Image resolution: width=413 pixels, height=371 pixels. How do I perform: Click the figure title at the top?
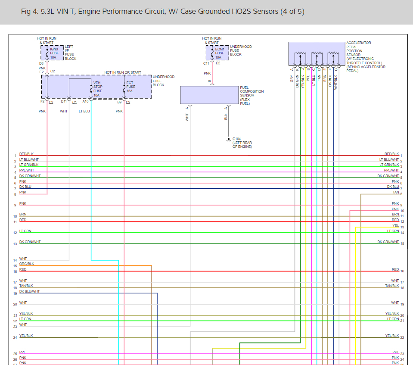(162, 11)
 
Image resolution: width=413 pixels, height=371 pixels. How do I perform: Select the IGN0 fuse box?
(53, 53)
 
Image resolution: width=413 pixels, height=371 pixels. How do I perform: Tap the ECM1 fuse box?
(218, 53)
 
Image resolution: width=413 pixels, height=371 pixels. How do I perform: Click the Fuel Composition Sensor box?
(209, 95)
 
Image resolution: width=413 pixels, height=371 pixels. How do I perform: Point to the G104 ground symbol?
(228, 140)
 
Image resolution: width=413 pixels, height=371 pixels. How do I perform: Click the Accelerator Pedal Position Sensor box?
(316, 53)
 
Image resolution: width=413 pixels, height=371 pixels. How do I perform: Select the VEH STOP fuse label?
(98, 87)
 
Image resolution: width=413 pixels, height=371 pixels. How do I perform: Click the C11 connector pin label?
(206, 64)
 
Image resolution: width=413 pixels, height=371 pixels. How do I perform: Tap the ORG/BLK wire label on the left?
(27, 264)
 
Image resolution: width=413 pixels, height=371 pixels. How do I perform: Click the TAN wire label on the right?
(395, 192)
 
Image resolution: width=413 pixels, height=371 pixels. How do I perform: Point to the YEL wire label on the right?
(395, 225)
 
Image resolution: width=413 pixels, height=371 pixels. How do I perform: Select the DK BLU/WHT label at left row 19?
(29, 291)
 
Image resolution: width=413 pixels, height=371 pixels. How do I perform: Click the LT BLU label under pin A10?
(84, 111)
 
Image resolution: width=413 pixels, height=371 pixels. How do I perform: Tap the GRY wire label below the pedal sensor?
(292, 78)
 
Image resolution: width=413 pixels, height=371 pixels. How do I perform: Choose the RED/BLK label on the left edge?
(26, 154)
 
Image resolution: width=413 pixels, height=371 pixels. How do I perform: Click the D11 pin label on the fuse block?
(64, 102)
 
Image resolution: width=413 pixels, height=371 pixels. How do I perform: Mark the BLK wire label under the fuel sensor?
(226, 117)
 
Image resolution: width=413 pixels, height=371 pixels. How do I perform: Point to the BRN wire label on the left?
(23, 214)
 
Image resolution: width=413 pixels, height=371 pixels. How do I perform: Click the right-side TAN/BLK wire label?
(392, 286)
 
